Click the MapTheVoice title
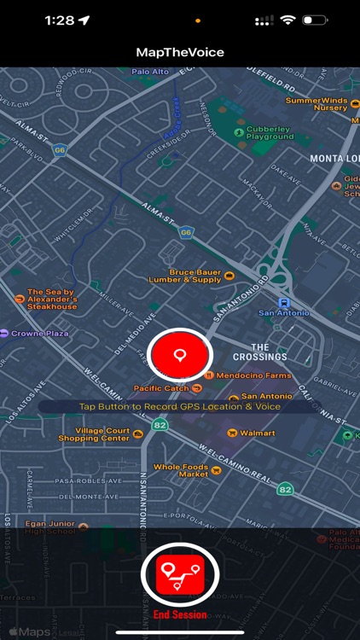(x=180, y=52)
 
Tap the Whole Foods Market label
(x=181, y=470)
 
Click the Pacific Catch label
(x=162, y=388)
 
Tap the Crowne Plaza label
(x=39, y=333)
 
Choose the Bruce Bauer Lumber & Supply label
(x=195, y=276)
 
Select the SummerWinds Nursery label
(x=316, y=104)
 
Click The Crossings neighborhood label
(x=260, y=352)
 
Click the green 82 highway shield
(x=285, y=489)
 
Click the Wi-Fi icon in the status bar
(x=287, y=19)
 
